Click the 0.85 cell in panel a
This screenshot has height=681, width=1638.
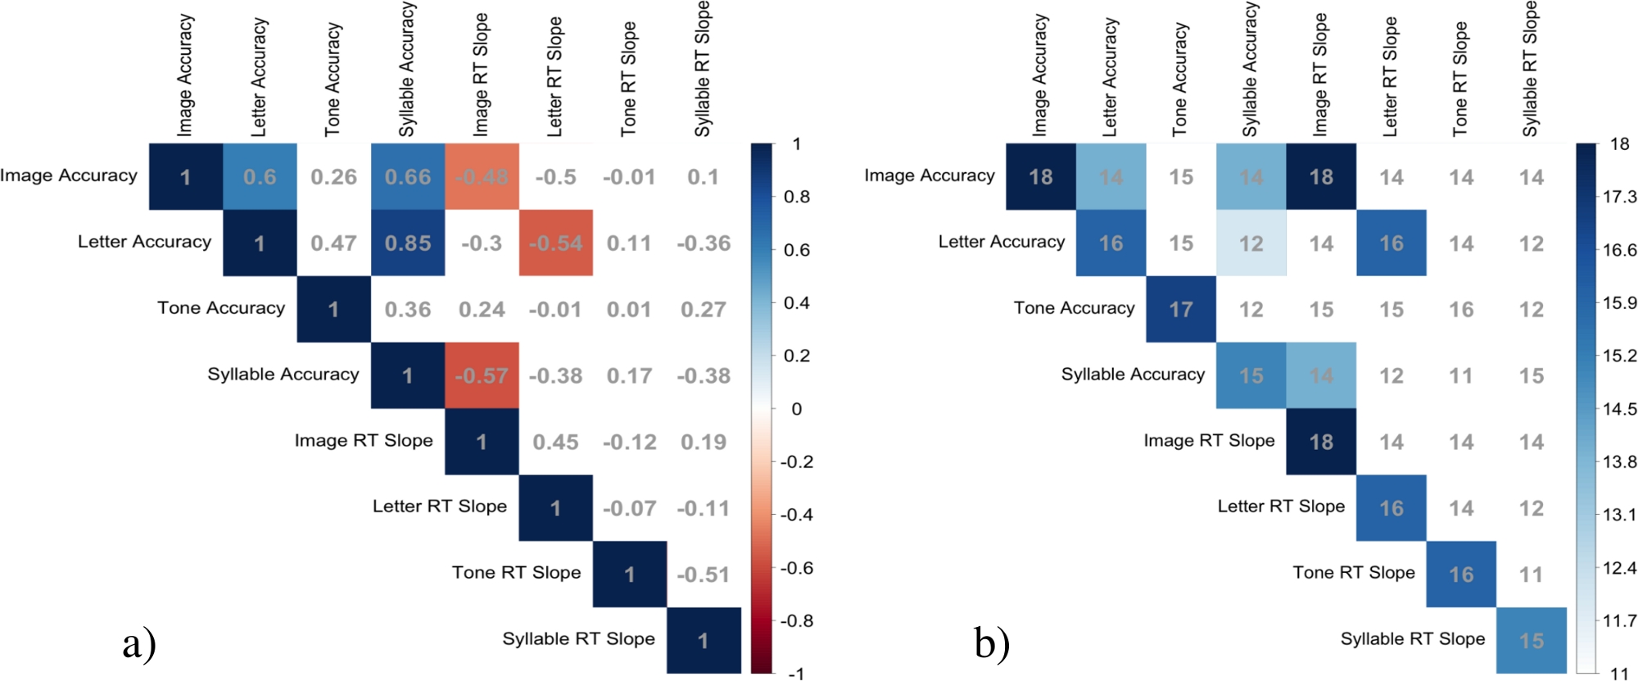pos(408,243)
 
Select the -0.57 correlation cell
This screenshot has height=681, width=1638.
pos(482,375)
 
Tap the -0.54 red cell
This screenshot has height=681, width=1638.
pos(555,243)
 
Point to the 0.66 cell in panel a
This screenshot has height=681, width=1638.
pos(408,177)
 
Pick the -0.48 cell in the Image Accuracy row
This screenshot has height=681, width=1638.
pos(482,177)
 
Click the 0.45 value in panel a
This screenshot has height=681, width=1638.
pos(555,442)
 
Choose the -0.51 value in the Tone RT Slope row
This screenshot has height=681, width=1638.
pos(703,574)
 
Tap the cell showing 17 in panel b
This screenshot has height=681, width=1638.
pos(1181,310)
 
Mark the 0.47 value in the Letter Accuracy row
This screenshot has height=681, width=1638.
pos(333,243)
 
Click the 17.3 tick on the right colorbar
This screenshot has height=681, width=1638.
pos(1619,197)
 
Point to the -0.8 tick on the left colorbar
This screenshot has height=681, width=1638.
pos(796,621)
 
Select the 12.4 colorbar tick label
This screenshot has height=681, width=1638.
pos(1619,568)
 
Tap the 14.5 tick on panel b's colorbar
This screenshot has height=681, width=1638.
pos(1619,409)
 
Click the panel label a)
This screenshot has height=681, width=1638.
pos(139,643)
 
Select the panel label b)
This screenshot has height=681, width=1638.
pos(992,643)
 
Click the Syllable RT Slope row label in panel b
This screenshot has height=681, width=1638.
pos(1412,639)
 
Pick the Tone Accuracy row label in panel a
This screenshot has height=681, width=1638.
pos(221,308)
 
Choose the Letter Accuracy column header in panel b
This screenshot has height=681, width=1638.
pos(1110,78)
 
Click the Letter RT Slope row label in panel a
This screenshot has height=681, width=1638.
pos(440,506)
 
